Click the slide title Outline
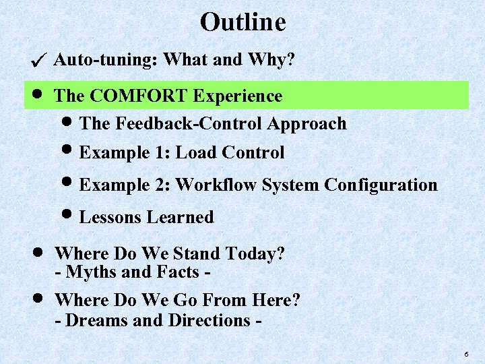tap(243, 22)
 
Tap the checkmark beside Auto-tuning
tap(39, 61)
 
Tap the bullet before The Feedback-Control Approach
tap(71, 123)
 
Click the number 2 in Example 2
tap(164, 185)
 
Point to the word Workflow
tap(216, 185)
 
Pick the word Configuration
tap(381, 185)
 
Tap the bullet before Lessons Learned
tap(71, 216)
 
